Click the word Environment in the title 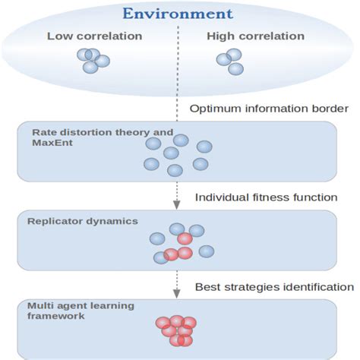click(178, 14)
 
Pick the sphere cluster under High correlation click(230, 61)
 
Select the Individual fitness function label click(266, 197)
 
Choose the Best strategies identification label click(273, 286)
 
